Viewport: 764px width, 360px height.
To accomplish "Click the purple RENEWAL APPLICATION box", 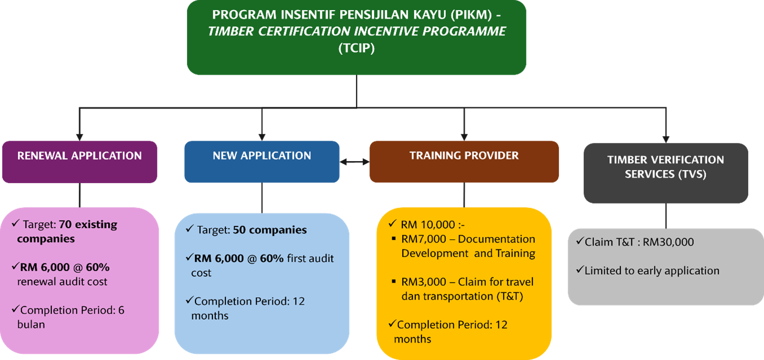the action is (x=80, y=162).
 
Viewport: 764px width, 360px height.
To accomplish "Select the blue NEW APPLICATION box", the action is (x=262, y=162).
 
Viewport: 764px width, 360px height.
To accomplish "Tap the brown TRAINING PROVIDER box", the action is (x=464, y=162).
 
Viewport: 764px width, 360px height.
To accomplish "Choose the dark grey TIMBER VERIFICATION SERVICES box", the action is (x=666, y=173).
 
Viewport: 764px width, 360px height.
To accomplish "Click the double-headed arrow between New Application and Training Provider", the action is (x=355, y=162).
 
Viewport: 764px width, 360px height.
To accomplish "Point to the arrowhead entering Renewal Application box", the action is (x=80, y=137).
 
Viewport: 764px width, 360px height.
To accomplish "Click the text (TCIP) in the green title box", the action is (x=357, y=48).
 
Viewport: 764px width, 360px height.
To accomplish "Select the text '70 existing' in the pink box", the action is (x=88, y=224).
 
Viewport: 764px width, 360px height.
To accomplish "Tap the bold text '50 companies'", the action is (x=270, y=230).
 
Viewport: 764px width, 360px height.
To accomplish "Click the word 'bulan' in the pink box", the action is (x=31, y=324).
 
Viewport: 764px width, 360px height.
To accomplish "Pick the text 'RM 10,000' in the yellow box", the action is (x=428, y=224).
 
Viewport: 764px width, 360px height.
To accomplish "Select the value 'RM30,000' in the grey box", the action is (x=668, y=242).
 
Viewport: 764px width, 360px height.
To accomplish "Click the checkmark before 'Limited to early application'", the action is (x=580, y=270).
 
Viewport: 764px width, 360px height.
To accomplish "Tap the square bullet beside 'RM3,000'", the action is (x=394, y=281).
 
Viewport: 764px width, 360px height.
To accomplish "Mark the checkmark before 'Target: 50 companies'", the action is (x=190, y=229).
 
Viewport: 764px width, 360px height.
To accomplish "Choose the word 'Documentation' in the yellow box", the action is (x=497, y=239).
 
